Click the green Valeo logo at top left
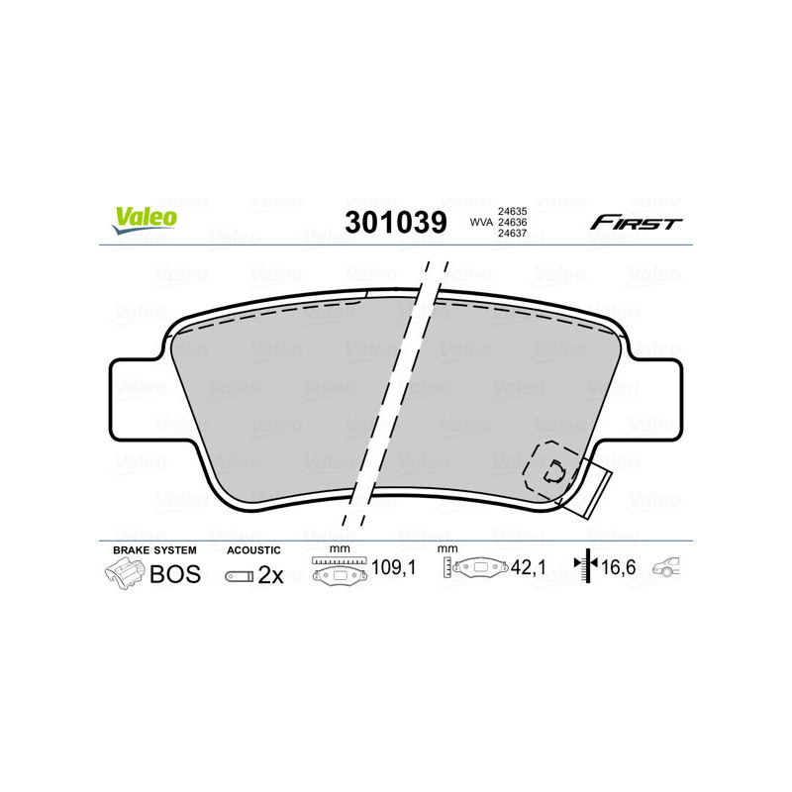click(145, 220)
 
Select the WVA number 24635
click(511, 210)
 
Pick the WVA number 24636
click(511, 222)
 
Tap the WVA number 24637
click(511, 234)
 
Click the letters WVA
click(480, 222)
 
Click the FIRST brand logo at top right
click(636, 223)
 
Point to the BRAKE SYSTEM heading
click(154, 549)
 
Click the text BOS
click(174, 574)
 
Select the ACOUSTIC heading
click(253, 549)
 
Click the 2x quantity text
click(270, 575)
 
